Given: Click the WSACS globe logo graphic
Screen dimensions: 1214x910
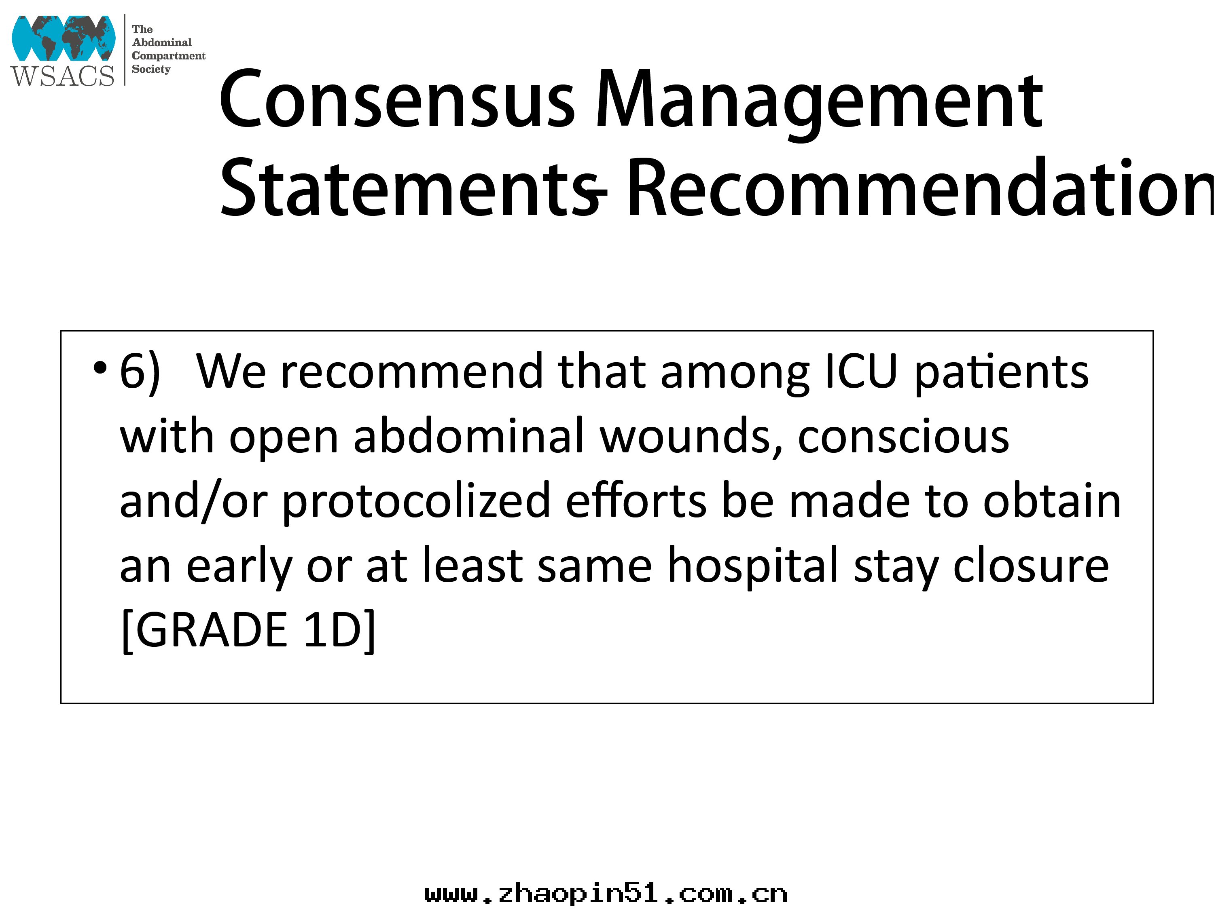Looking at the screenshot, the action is click(63, 38).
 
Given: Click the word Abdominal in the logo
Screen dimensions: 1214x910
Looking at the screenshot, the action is click(162, 42).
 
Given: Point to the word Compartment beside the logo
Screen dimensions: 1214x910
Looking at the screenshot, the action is click(169, 56).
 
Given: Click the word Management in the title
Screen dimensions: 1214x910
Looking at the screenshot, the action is click(819, 104).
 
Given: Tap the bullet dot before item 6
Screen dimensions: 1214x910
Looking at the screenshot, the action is click(100, 368).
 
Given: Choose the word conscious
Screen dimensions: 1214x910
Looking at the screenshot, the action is click(903, 437).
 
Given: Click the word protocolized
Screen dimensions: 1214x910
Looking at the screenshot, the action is click(417, 501).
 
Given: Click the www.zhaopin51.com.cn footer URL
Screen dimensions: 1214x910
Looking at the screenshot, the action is click(606, 893).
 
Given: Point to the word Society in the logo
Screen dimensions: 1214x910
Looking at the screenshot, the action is click(151, 69).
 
